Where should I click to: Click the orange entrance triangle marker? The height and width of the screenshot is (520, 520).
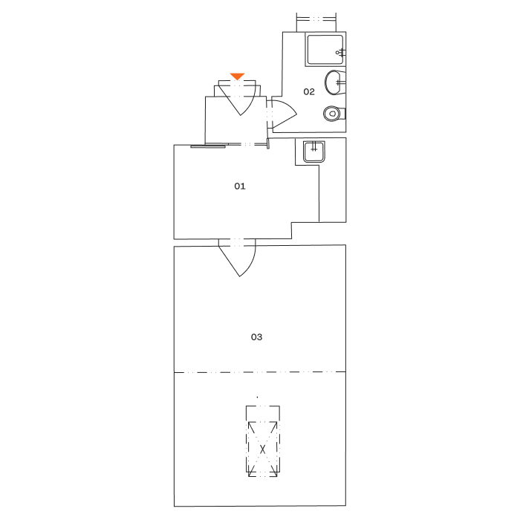coord(237,76)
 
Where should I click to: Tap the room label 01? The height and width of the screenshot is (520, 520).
coord(240,186)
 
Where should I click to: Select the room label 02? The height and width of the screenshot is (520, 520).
coord(309,92)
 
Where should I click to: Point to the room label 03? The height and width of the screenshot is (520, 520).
coord(256,337)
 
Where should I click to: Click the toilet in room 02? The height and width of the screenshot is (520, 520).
coord(333,114)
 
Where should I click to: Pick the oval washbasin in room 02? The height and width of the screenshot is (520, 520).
coord(334,82)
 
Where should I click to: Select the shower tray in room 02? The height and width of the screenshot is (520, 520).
coord(325,50)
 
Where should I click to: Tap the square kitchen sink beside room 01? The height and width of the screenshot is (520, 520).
coord(313,152)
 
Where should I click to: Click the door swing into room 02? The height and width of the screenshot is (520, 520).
coord(282,114)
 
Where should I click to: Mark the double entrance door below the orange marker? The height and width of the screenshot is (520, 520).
coord(238,100)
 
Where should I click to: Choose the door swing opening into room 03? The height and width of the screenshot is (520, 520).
coord(238,259)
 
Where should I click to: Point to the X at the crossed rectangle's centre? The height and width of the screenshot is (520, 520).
coord(262,449)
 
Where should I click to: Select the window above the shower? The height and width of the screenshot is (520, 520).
coord(316,18)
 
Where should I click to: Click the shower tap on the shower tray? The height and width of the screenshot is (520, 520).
coord(339,52)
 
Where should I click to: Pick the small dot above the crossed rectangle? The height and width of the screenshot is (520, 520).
coord(258,397)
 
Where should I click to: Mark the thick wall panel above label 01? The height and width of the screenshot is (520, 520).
coord(208,146)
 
